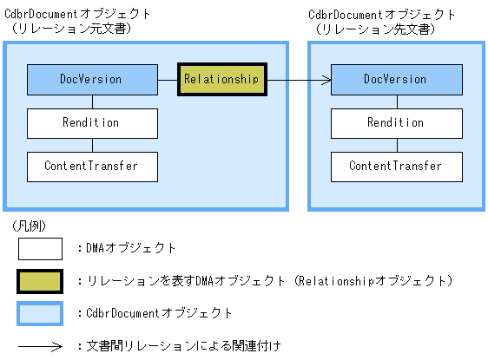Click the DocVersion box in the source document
(92, 79)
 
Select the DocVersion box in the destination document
(396, 79)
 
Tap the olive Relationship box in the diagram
(221, 79)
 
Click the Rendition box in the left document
(92, 122)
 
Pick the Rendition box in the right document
(396, 122)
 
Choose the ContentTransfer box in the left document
(92, 166)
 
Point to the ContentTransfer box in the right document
(396, 166)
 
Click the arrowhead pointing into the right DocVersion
(327, 80)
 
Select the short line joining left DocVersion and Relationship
(168, 80)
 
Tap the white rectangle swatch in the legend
(40, 249)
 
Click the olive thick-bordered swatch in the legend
(40, 281)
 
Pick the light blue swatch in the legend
(40, 312)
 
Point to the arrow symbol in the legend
(40, 346)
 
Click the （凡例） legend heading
(30, 226)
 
